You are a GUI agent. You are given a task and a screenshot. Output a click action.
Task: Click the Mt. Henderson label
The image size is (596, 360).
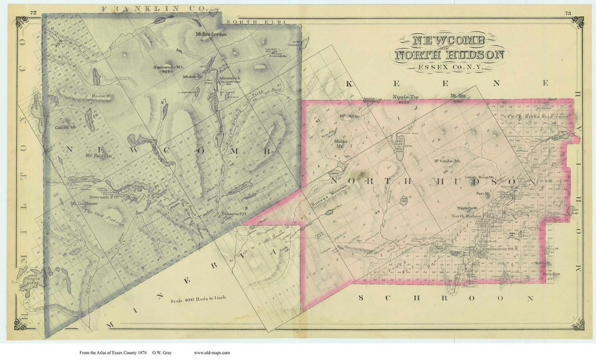click(211, 34)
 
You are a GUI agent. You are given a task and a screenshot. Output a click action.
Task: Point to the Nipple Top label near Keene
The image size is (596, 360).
click(406, 97)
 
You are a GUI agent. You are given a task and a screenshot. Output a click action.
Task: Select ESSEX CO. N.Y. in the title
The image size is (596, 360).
click(448, 67)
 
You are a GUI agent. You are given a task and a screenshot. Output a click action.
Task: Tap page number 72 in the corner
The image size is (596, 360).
click(34, 12)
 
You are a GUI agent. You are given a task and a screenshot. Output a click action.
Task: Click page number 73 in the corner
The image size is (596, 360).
click(567, 12)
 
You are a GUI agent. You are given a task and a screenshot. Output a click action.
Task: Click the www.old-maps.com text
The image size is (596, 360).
click(211, 352)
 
